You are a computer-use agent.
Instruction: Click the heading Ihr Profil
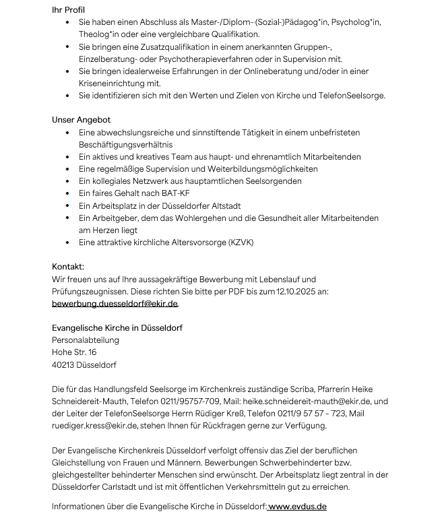(x=69, y=9)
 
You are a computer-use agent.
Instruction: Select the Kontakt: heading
(x=68, y=267)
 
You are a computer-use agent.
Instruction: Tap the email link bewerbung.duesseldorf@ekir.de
(x=115, y=304)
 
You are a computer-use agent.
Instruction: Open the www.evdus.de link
(x=297, y=506)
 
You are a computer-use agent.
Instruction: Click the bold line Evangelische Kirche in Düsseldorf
(x=117, y=328)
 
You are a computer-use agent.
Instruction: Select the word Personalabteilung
(x=86, y=340)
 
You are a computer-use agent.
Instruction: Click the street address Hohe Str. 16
(x=74, y=352)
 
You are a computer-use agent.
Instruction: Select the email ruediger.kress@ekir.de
(x=93, y=426)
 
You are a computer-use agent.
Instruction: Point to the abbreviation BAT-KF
(x=158, y=193)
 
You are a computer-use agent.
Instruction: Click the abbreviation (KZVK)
(x=241, y=242)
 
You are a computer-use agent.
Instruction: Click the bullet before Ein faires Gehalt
(x=69, y=193)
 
